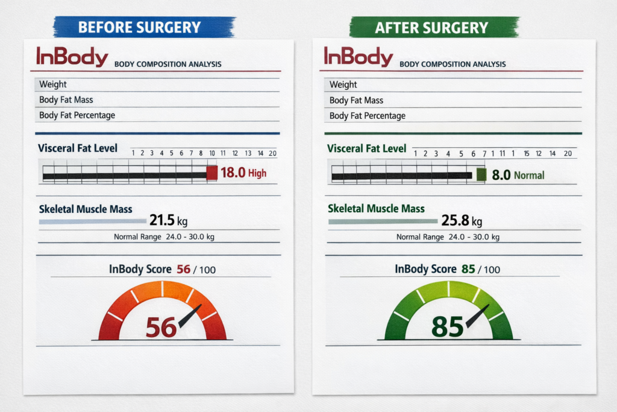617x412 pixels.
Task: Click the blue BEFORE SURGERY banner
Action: [x=143, y=27]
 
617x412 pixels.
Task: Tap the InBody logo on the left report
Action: [x=72, y=57]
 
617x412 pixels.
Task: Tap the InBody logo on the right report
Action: [x=359, y=57]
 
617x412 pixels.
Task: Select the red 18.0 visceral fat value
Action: [x=233, y=173]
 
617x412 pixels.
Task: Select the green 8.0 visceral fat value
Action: [x=501, y=175]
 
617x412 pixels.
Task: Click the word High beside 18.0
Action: [x=257, y=174]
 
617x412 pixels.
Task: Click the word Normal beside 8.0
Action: [x=529, y=176]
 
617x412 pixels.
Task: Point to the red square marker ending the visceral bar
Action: [x=212, y=173]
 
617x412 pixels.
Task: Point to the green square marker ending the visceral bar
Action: [x=481, y=175]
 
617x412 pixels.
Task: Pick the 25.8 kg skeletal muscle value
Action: [x=460, y=221]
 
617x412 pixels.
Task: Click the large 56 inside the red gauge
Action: [x=161, y=327]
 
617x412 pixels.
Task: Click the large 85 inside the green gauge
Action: [x=447, y=326]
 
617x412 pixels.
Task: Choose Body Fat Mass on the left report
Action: [x=66, y=100]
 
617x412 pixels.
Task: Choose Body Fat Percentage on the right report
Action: [x=368, y=116]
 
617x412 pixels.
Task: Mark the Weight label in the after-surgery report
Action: [x=343, y=84]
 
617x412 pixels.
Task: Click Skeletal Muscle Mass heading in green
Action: [x=376, y=209]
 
